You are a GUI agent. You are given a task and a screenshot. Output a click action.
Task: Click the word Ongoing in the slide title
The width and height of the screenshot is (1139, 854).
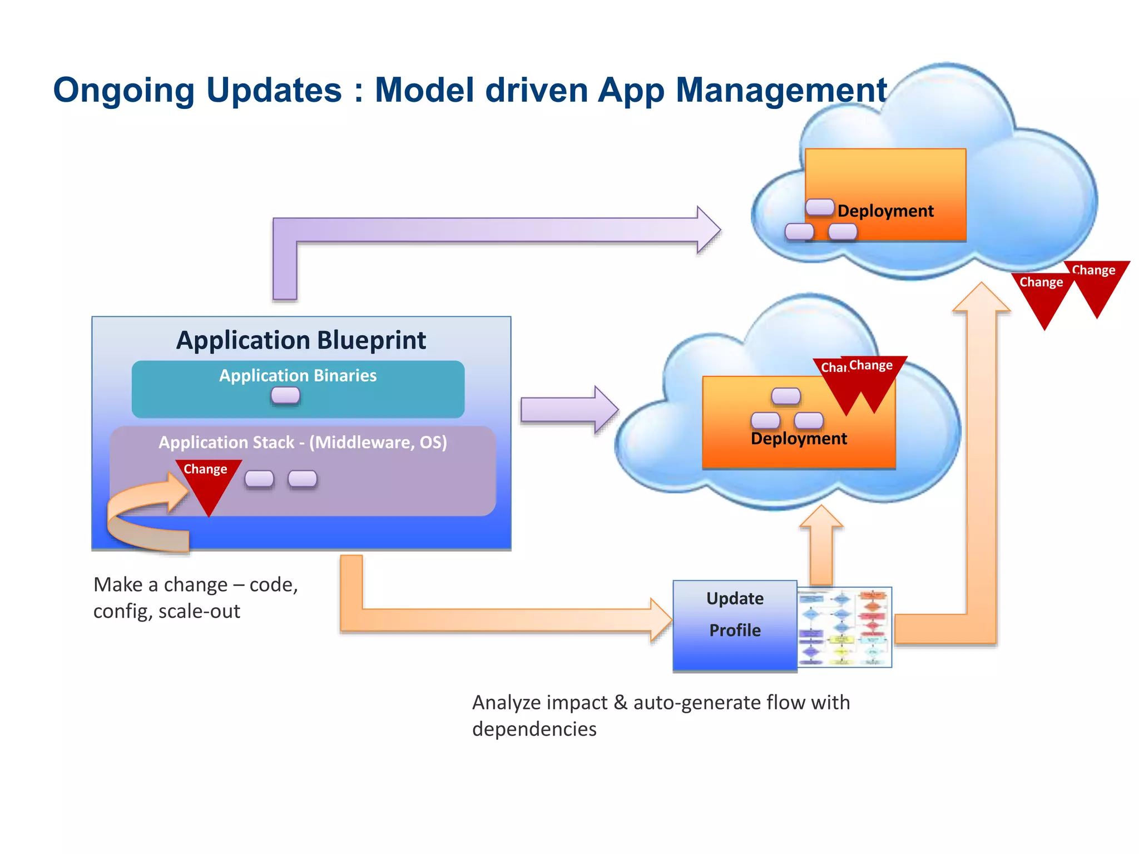pos(123,91)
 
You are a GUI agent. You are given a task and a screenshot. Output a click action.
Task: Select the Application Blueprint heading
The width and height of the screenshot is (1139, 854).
pos(301,340)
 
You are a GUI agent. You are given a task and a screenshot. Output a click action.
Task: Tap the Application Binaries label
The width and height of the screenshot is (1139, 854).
pos(298,375)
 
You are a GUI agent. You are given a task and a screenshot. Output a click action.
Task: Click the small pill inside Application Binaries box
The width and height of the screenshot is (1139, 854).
pos(285,395)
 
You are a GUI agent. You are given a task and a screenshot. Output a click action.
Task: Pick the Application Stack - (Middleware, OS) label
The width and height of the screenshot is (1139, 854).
pos(303,442)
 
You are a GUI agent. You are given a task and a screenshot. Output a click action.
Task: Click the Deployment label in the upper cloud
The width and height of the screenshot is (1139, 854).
pos(885,211)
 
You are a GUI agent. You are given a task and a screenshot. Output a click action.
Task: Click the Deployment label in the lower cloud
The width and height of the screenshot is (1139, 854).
pos(799,439)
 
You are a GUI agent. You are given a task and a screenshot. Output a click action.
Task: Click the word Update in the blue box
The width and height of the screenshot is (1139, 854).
pos(735,598)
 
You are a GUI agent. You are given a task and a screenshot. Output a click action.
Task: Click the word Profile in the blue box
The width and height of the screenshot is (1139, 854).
pos(735,630)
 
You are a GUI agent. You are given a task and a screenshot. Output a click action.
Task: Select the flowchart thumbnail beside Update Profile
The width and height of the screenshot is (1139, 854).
pos(844,627)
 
